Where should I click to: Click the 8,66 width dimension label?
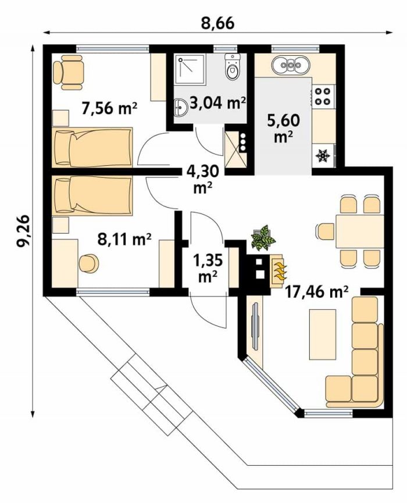coord(218,23)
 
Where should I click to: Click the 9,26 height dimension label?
coord(23,231)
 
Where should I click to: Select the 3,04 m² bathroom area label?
coord(218,104)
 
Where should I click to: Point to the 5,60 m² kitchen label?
coord(284,128)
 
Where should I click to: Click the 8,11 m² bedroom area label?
coord(124,240)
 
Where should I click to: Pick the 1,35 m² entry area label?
coord(208,268)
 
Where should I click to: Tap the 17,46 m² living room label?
coord(316,292)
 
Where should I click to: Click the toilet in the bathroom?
coord(233,66)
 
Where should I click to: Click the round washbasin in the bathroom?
coord(181,107)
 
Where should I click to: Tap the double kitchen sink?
coord(291,65)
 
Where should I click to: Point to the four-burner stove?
coord(323,95)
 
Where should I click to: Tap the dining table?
coord(360,231)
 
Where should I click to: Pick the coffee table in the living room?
coord(323,334)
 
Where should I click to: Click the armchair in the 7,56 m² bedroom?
coord(68,73)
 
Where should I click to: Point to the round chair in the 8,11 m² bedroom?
coord(89,263)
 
